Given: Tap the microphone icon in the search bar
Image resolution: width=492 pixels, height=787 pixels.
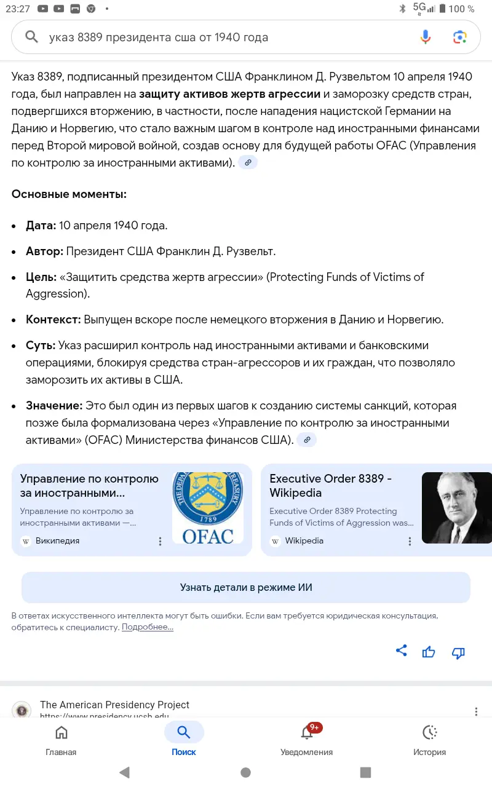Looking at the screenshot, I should [426, 37].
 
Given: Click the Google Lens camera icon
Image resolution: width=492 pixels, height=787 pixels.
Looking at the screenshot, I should [460, 37].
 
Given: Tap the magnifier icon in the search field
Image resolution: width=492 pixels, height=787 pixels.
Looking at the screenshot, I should [31, 37].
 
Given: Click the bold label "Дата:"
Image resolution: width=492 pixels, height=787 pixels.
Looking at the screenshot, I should [41, 226].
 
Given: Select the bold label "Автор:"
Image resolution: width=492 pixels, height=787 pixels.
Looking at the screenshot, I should [44, 251].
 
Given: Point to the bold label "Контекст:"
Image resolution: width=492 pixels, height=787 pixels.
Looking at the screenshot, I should [54, 320].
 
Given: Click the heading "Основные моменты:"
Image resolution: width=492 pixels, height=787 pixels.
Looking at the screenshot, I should [69, 194].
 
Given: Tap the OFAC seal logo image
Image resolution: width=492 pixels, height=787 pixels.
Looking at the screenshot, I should [208, 508].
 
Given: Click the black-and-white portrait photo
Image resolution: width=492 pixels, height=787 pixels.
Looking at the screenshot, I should [456, 508].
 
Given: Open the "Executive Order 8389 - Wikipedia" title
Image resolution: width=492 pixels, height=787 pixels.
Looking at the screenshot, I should [330, 486].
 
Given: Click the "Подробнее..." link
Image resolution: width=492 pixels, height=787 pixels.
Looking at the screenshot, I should [148, 627].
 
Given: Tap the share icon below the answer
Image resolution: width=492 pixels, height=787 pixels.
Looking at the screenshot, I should [402, 651].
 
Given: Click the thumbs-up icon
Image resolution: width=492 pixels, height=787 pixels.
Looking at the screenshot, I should [429, 652].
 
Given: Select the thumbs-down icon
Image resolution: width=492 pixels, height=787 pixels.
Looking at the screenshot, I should [458, 653].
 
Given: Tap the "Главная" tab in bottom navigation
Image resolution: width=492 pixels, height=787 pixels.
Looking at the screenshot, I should [61, 740].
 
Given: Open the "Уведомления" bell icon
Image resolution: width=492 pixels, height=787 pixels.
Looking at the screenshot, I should [306, 733].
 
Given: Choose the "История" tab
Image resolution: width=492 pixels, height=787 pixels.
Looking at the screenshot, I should [429, 740].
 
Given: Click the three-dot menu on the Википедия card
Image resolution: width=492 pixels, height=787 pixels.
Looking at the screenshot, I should [161, 541].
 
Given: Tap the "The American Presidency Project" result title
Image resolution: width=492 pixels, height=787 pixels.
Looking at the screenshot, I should [114, 705].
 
